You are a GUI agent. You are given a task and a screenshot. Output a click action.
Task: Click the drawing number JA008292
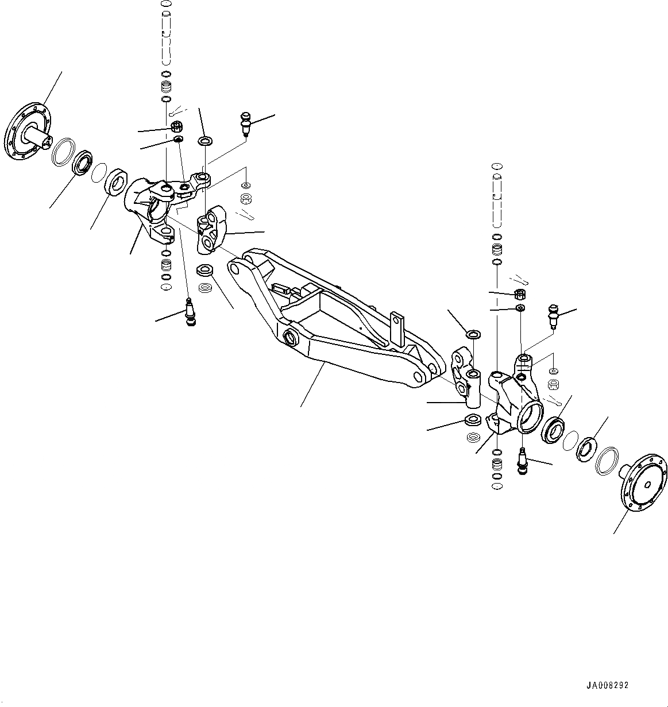(607, 686)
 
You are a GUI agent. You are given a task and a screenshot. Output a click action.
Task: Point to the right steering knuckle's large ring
(530, 416)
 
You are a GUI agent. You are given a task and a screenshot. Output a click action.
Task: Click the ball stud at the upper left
(246, 123)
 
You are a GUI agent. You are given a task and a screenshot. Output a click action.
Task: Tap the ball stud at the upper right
(553, 315)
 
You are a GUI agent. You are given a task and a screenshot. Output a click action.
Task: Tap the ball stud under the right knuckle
(522, 459)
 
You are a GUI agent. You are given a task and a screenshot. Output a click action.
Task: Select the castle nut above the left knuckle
(177, 126)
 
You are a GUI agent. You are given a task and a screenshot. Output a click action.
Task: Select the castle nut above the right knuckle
(519, 295)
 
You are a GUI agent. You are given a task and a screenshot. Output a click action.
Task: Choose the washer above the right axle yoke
(473, 334)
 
